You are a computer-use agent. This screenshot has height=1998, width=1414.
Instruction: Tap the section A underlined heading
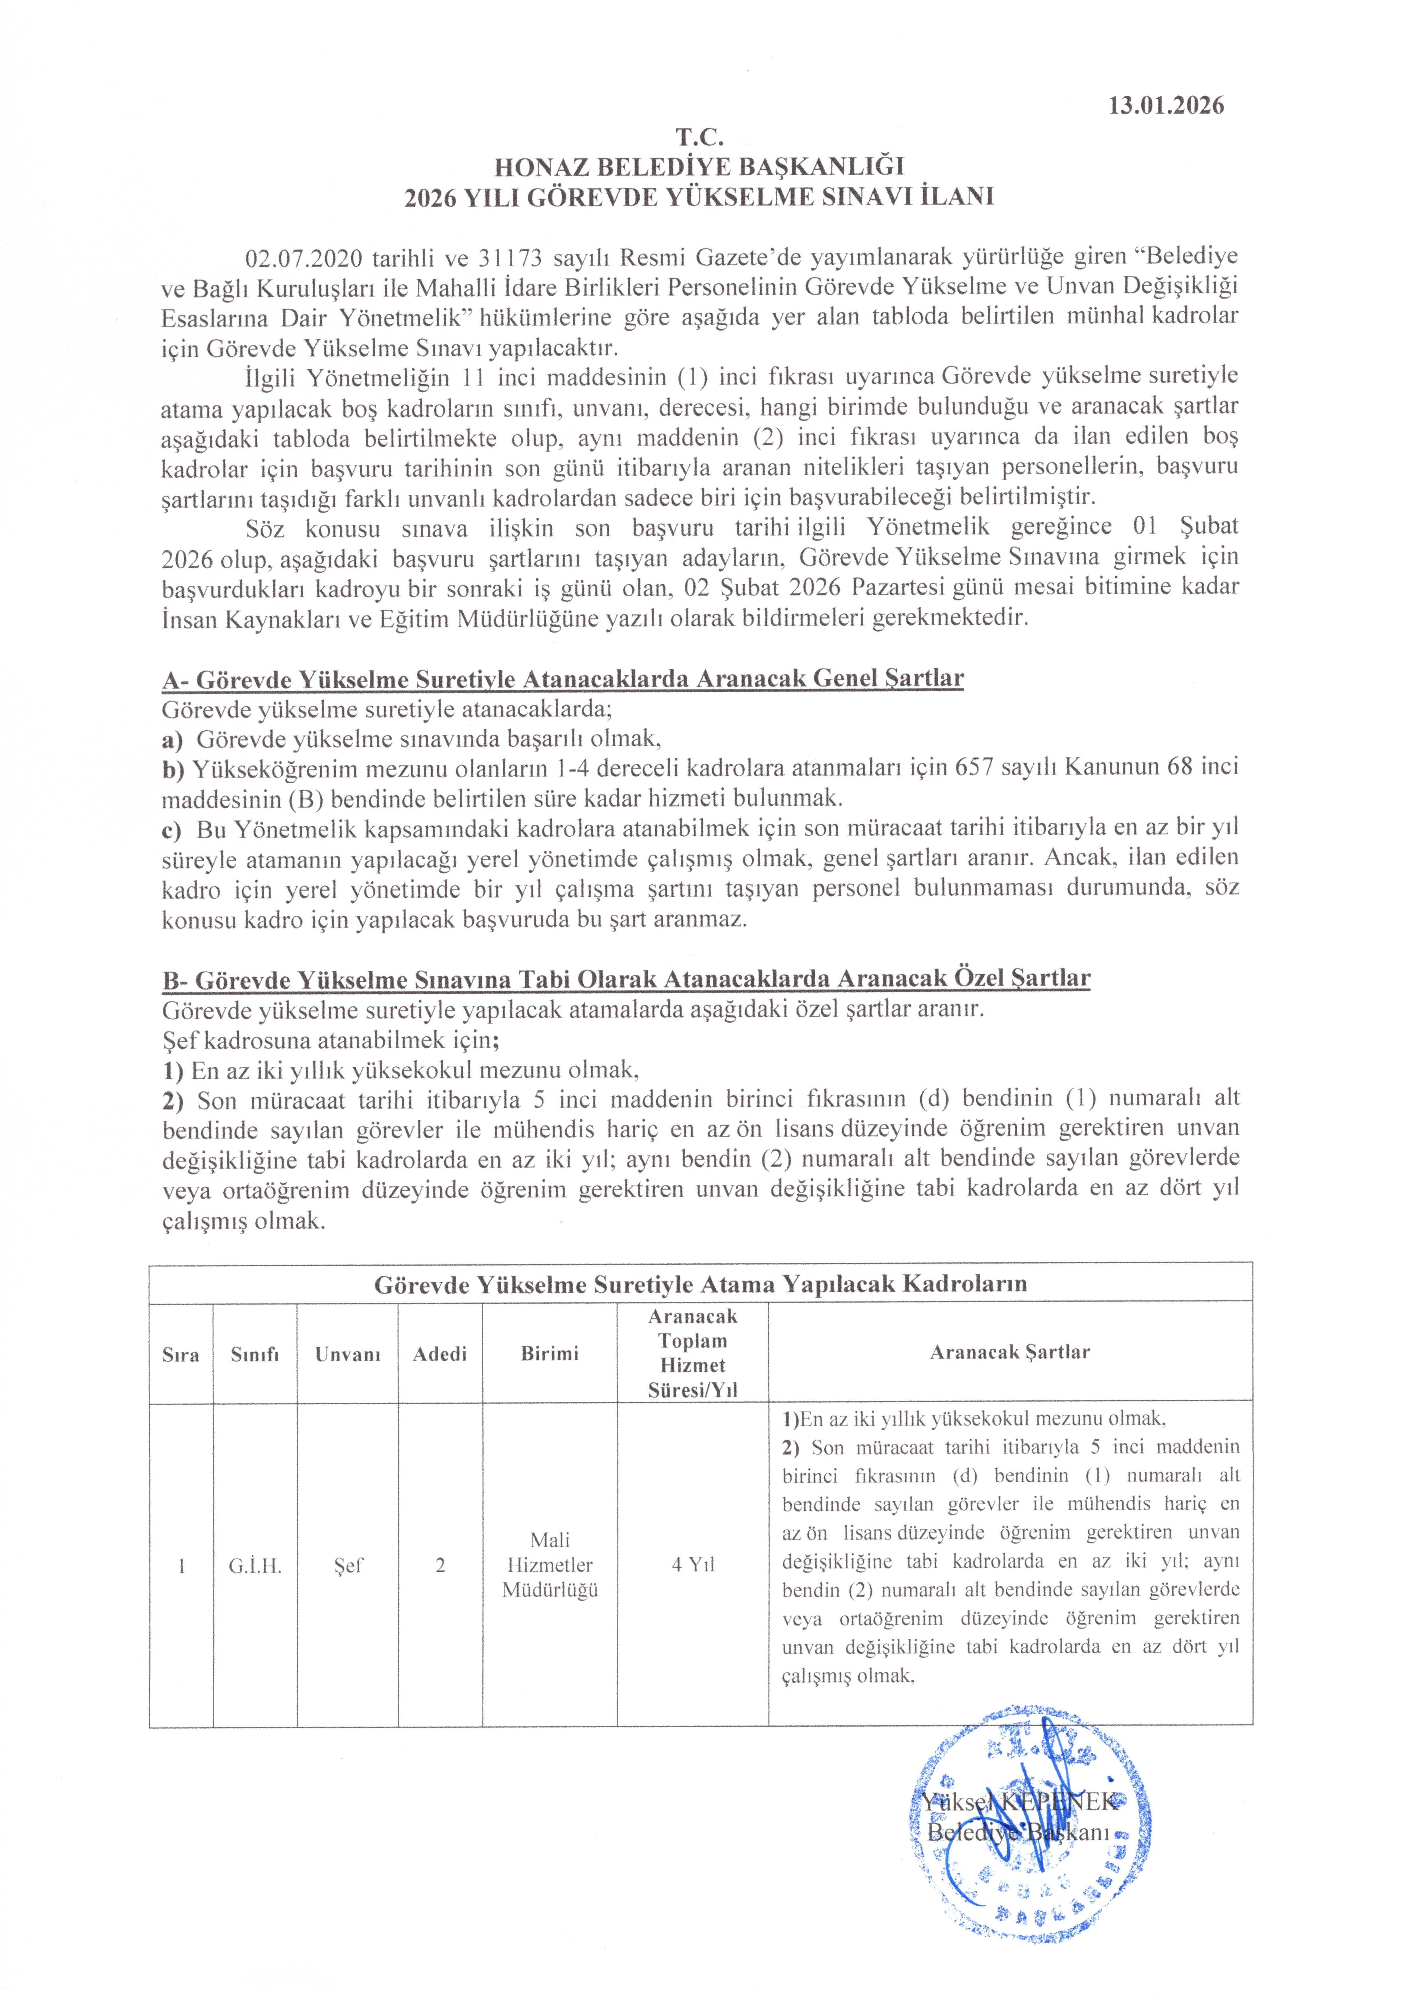pyautogui.click(x=563, y=679)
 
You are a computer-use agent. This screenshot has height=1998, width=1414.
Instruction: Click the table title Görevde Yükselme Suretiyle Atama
pyautogui.click(x=700, y=1284)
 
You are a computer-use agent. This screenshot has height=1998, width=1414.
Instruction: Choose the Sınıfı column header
pyautogui.click(x=254, y=1355)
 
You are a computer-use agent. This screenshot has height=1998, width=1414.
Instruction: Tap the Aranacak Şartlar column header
pyautogui.click(x=1010, y=1352)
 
